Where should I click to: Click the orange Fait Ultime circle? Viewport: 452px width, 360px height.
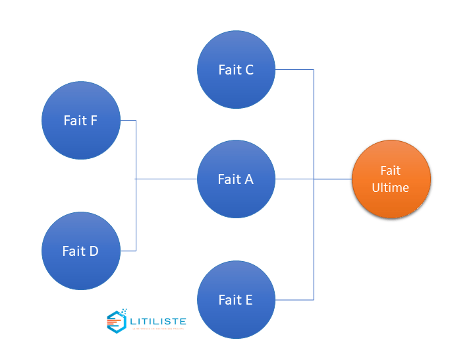391,179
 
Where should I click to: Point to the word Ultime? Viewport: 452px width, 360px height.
391,188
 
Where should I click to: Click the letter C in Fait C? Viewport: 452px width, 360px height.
249,69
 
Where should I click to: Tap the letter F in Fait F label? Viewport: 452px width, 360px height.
94,121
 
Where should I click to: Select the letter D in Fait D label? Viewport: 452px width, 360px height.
94,251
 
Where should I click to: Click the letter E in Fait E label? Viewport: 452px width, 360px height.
248,300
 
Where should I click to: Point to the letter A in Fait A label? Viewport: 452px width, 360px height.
248,179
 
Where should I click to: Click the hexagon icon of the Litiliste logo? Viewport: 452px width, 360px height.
117,321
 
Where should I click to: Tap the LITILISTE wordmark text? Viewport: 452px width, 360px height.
158,321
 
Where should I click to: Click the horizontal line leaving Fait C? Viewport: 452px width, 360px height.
294,69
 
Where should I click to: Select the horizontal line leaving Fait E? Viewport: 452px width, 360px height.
294,300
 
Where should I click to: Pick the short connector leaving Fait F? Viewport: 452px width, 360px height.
128,121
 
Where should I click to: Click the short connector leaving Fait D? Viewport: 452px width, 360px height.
128,251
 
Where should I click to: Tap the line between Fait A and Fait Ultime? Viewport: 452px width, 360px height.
313,179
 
